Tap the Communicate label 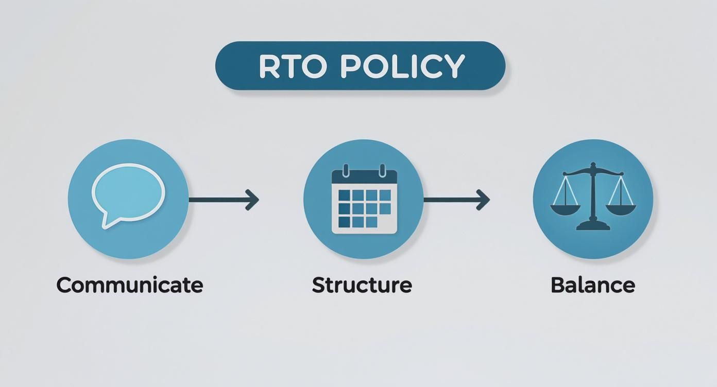point(129,285)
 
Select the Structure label point(362,285)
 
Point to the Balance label point(592,285)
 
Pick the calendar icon point(364,201)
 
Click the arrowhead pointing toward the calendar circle point(252,200)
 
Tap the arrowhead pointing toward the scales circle point(483,200)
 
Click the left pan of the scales point(565,209)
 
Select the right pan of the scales point(621,209)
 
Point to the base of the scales point(593,225)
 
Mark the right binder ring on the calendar point(382,170)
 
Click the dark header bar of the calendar point(364,178)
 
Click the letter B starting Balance point(557,285)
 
